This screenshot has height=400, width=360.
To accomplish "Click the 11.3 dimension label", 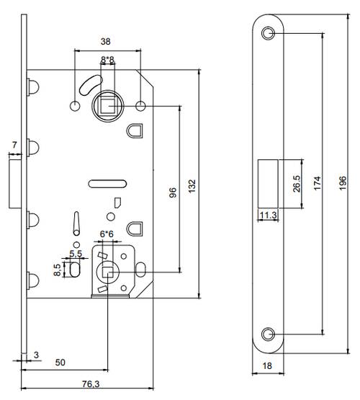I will [x=268, y=214].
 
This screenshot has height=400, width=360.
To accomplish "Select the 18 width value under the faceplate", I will [x=268, y=366].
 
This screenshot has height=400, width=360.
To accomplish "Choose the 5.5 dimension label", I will [x=76, y=254].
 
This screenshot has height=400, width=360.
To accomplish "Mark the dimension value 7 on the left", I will [x=14, y=147].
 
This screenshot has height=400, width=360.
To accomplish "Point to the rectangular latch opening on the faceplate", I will [x=267, y=184].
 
